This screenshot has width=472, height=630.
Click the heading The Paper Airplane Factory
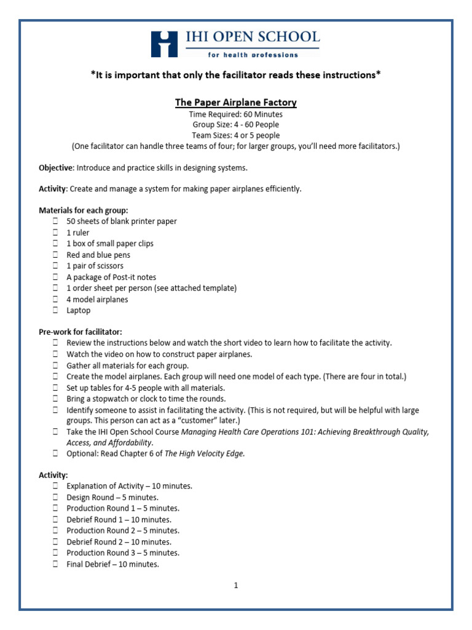[236, 102]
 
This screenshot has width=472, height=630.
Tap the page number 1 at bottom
[235, 585]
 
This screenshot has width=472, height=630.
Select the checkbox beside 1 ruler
[55, 233]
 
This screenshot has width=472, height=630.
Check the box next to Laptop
[55, 311]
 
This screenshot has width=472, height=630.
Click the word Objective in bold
[56, 167]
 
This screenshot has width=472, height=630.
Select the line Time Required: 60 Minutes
[236, 114]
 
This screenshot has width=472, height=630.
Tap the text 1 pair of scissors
[95, 266]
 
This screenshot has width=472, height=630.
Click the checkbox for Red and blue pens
[55, 255]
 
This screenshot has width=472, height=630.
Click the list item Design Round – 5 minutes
[112, 497]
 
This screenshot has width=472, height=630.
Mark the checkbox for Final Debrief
[55, 564]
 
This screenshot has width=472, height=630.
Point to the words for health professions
[253, 55]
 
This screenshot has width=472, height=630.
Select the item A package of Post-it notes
[111, 277]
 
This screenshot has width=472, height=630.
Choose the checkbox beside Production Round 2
[55, 530]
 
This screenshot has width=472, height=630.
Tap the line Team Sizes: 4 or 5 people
[236, 135]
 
